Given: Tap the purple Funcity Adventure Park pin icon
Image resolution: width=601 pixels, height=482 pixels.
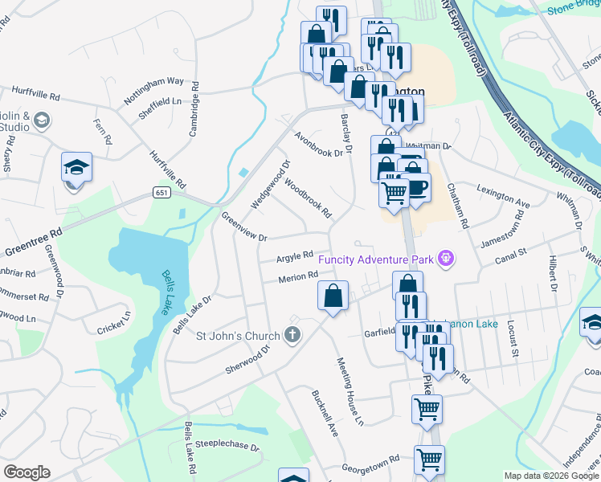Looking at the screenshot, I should coord(447,259).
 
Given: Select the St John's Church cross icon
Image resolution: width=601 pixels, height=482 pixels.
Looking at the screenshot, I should coord(293,336).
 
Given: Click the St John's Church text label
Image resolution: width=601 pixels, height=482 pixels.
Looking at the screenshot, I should coord(238,336).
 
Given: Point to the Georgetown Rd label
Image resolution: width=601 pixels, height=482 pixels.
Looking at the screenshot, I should coord(370,464).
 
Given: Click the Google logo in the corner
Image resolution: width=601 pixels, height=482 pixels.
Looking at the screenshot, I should coord(27,472).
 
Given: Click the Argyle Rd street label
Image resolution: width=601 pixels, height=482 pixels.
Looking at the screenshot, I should coord(295,256).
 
